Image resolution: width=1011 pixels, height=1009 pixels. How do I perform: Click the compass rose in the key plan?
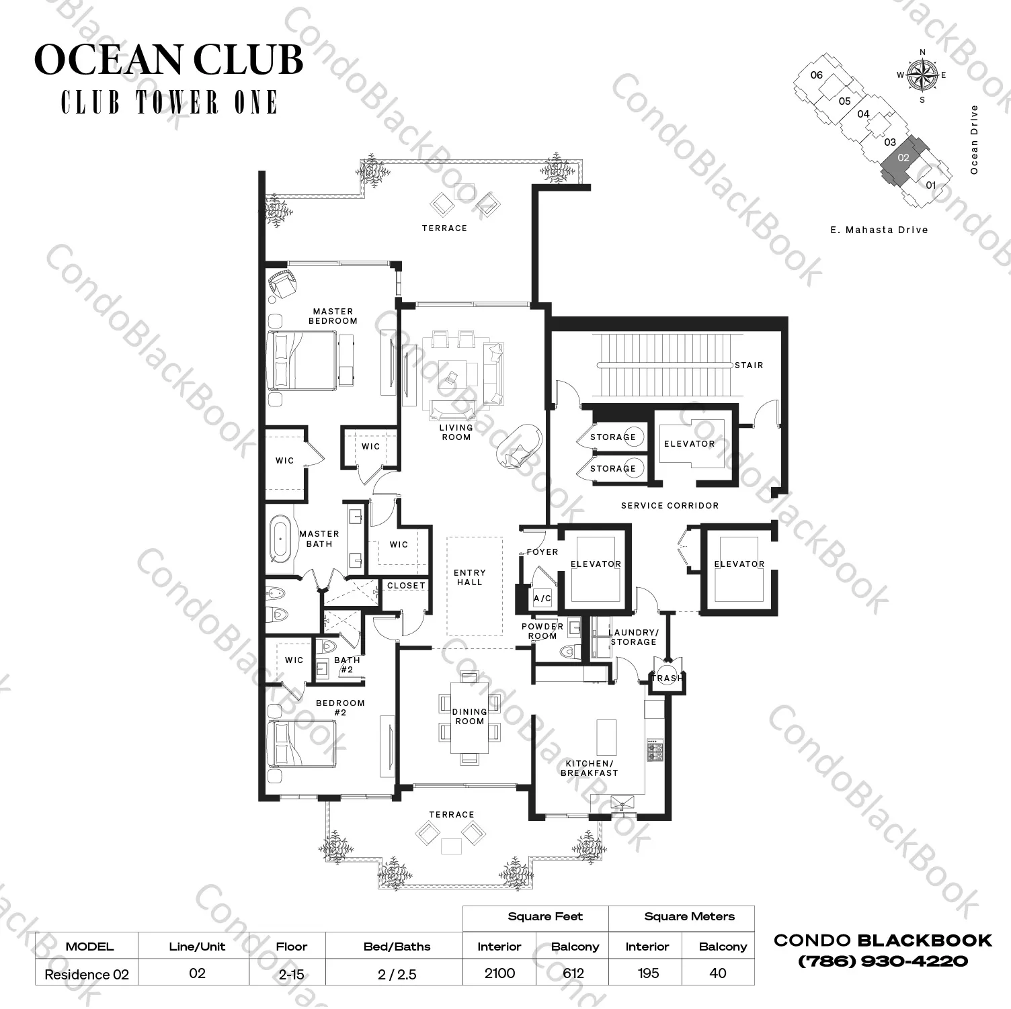(922, 75)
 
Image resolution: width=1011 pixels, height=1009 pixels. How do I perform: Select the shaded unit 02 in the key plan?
(903, 159)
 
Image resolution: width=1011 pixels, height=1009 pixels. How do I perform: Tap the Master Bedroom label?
(333, 316)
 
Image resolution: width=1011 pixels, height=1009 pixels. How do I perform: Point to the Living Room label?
(456, 432)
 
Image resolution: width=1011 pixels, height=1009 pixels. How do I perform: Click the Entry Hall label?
(469, 578)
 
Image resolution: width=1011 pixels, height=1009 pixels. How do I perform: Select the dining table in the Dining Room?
(469, 717)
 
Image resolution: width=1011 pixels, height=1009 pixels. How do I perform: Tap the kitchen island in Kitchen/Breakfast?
(606, 738)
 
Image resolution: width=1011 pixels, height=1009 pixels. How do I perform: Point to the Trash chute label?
(667, 678)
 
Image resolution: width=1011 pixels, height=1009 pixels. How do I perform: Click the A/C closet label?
(542, 598)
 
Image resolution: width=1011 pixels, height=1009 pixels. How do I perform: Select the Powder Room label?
(542, 631)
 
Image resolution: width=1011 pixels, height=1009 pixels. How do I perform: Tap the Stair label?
(749, 365)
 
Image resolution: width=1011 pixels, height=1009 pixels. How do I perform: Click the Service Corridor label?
(670, 505)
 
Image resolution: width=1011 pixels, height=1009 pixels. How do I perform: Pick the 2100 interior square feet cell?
(499, 973)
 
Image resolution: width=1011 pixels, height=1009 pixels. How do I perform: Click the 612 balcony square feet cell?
(573, 973)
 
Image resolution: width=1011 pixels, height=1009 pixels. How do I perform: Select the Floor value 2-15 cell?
(291, 973)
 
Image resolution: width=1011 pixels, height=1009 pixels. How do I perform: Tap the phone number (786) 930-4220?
(883, 961)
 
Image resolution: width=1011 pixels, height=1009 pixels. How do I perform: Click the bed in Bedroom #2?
(301, 743)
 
